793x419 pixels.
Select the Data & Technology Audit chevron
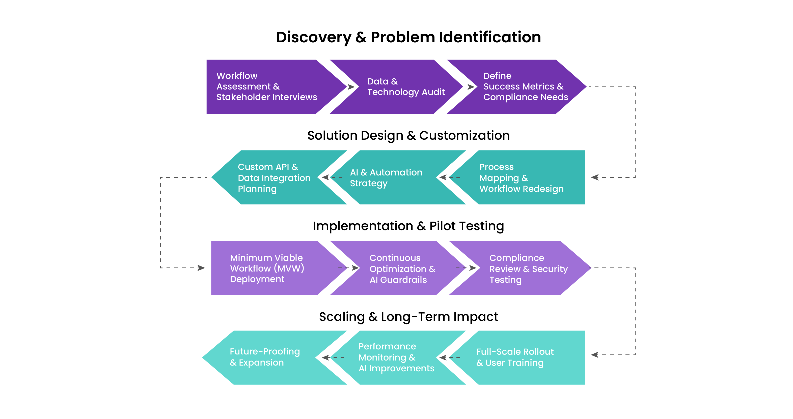click(x=400, y=87)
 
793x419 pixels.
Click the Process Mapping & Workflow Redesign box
click(x=523, y=177)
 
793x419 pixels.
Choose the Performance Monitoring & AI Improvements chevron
click(x=394, y=357)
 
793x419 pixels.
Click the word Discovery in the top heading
click(x=313, y=37)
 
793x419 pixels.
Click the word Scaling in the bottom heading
click(x=342, y=317)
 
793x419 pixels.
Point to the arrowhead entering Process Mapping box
click(x=595, y=177)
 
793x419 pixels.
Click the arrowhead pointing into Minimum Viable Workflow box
click(x=201, y=268)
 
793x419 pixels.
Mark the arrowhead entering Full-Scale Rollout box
click(x=595, y=355)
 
